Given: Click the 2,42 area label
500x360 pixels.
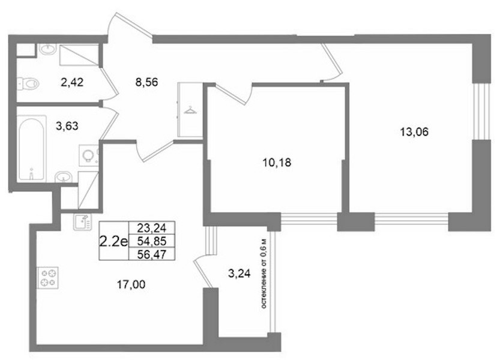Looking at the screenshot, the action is (x=72, y=82).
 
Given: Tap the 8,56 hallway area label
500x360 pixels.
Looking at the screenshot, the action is (x=146, y=82).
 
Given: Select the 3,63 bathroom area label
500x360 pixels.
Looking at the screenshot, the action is (x=67, y=126).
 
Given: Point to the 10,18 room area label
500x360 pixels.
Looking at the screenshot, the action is (x=277, y=163).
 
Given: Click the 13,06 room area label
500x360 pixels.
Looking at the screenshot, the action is (x=414, y=131).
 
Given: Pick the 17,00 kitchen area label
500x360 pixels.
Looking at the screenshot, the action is (x=131, y=284).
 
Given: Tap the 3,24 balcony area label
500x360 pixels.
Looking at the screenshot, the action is (x=239, y=273).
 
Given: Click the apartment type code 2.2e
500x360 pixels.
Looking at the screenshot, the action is (x=113, y=242).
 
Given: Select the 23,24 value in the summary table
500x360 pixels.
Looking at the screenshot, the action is (x=152, y=227).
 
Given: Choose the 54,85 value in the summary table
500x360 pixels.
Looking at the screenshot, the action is (x=152, y=241).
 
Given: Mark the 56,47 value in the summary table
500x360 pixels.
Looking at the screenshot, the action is (x=152, y=254).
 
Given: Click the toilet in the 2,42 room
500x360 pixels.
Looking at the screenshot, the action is (x=28, y=84).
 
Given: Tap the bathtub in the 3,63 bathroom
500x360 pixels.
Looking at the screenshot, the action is (x=31, y=149).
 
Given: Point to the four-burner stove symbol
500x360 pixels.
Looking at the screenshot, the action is (x=48, y=278).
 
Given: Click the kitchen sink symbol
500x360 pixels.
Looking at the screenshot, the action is (x=82, y=221).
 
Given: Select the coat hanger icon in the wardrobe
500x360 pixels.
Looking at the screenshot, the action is (x=190, y=110).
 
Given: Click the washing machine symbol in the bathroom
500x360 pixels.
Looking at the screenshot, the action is (x=88, y=155).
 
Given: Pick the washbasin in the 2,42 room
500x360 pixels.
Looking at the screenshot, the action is (x=48, y=50).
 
